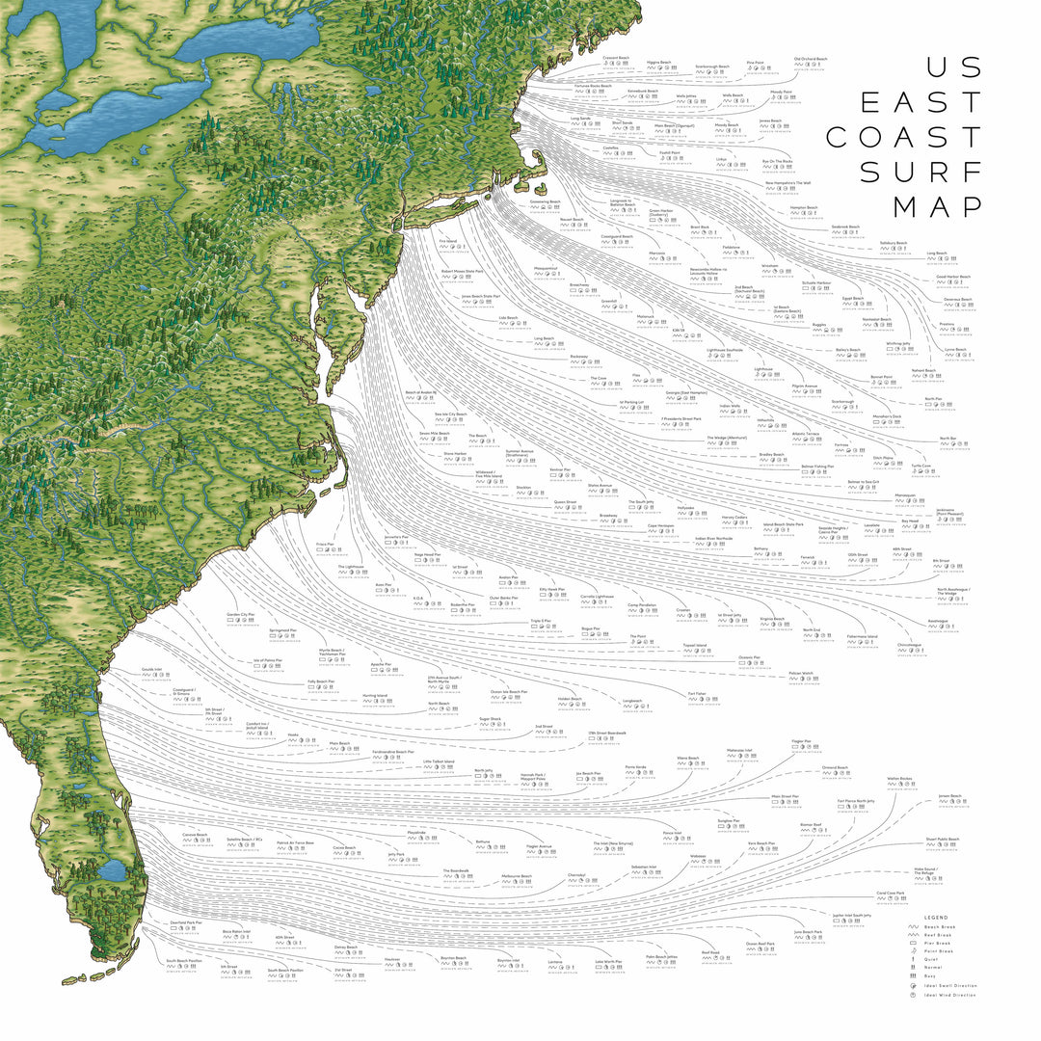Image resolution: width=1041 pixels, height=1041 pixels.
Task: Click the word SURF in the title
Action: pos(921,172)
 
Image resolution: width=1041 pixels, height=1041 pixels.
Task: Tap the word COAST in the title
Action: pos(904,137)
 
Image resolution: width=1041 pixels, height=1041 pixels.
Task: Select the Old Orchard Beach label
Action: pos(810,59)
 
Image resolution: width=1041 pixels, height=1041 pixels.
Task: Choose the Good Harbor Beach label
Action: pos(952,277)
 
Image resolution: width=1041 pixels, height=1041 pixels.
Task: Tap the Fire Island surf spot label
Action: pos(448,241)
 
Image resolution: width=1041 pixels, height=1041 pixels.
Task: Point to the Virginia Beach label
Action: pos(772,619)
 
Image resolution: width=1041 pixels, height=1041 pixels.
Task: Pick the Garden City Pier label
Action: pos(240,614)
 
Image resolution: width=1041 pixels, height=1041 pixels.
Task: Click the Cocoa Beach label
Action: pos(344,848)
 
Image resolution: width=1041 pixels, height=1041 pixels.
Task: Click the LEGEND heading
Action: pos(936,917)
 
